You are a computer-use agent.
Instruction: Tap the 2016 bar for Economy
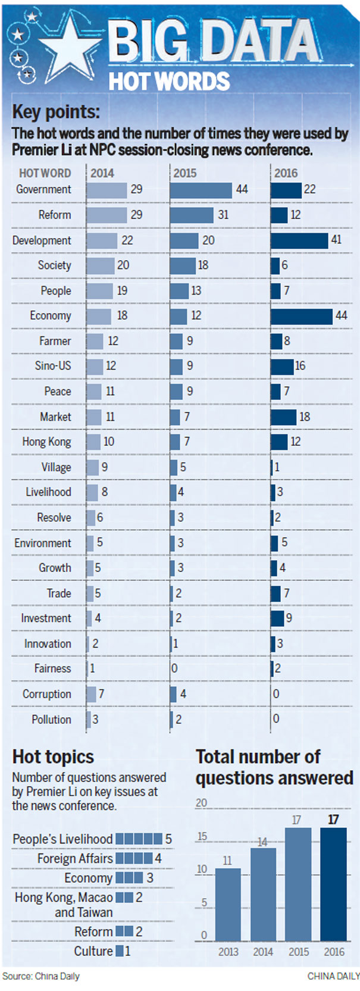[x=301, y=316]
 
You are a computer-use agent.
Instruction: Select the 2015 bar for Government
[x=201, y=190]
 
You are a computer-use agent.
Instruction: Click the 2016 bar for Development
[x=299, y=240]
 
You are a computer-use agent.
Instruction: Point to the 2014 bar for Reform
[x=106, y=215]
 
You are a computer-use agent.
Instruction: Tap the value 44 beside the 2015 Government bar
[x=242, y=189]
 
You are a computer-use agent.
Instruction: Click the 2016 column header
[x=286, y=173]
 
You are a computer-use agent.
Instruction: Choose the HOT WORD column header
[x=45, y=173]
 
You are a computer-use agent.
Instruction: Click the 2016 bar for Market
[x=283, y=417]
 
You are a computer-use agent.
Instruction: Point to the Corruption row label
[x=46, y=694]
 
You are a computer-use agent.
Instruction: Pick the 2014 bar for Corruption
[x=91, y=694]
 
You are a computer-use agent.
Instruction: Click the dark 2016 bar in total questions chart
[x=333, y=883]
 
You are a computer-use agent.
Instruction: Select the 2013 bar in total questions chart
[x=228, y=904]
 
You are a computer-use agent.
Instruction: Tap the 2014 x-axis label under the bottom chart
[x=262, y=952]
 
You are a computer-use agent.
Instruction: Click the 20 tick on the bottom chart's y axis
[x=201, y=803]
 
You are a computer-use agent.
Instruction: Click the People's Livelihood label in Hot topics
[x=62, y=839]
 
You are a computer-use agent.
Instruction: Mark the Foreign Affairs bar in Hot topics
[x=134, y=858]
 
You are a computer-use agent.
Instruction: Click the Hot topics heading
[x=53, y=756]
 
